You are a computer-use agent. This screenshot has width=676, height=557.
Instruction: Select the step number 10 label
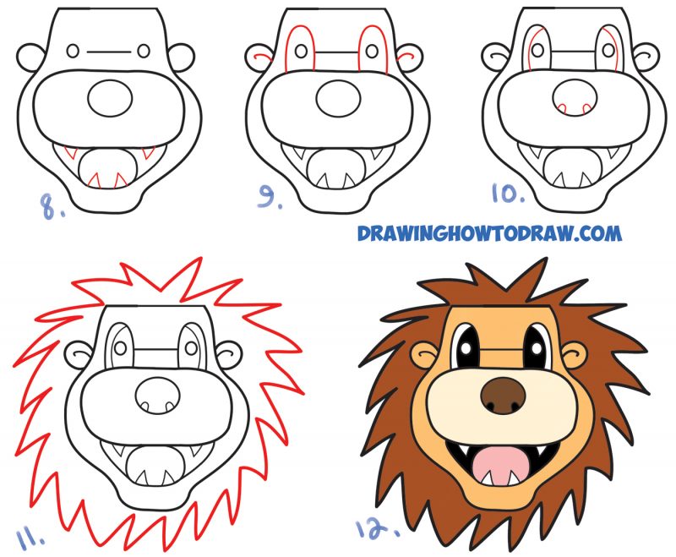click(x=509, y=194)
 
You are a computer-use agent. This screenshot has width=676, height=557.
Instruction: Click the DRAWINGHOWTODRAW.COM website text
click(x=489, y=232)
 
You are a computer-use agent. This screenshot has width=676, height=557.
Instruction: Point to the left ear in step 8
click(x=29, y=57)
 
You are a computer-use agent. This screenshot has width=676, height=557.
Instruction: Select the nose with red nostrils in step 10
click(x=574, y=97)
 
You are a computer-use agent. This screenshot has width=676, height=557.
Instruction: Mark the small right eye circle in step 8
click(x=149, y=51)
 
